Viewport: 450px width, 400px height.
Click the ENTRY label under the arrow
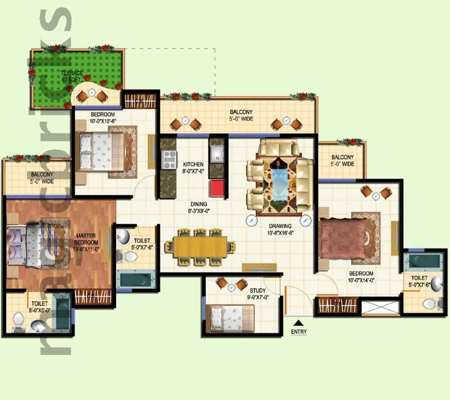point(298,332)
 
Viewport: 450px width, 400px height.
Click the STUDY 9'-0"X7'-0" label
point(257,293)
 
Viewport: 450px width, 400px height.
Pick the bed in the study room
point(231,317)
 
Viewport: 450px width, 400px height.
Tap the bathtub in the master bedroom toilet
point(62,313)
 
